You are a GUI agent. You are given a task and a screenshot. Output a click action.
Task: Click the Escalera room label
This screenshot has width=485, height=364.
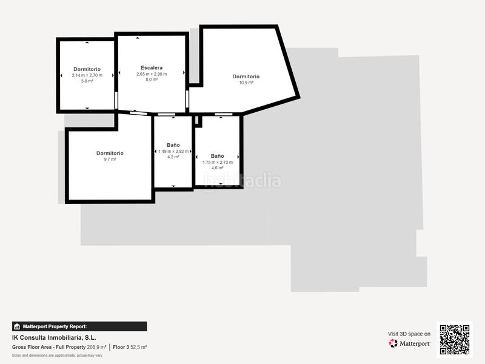pyautogui.click(x=151, y=67)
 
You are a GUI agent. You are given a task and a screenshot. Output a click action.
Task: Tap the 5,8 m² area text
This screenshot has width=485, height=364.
pyautogui.click(x=87, y=81)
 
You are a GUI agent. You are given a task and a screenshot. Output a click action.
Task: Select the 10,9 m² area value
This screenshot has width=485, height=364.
pyautogui.click(x=246, y=83)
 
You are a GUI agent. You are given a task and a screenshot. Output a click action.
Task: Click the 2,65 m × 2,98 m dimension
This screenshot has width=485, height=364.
pyautogui.click(x=151, y=74)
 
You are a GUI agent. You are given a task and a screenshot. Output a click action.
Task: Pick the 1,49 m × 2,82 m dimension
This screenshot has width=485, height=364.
pyautogui.click(x=173, y=151)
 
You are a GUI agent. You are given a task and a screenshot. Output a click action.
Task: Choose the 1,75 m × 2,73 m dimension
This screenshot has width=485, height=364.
pyautogui.click(x=217, y=162)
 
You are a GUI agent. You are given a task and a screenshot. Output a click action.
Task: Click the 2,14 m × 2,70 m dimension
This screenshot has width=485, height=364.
pyautogui.click(x=87, y=75)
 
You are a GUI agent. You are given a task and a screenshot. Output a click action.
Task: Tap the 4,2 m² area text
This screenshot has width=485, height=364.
pyautogui.click(x=173, y=157)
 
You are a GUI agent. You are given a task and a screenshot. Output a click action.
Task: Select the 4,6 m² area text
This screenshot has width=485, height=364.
pyautogui.click(x=217, y=168)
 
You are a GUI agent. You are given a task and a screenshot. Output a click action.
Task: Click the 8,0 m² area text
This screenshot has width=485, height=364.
pyautogui.click(x=151, y=79)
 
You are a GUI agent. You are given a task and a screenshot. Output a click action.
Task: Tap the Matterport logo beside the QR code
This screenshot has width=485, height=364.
pyautogui.click(x=409, y=343)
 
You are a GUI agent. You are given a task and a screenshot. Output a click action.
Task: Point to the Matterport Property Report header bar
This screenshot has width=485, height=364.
pyautogui.click(x=79, y=326)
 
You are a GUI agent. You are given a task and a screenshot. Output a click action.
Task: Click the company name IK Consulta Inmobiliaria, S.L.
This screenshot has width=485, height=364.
pyautogui.click(x=54, y=337)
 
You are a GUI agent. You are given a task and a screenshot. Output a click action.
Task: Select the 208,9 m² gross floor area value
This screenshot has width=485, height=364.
pyautogui.click(x=96, y=347)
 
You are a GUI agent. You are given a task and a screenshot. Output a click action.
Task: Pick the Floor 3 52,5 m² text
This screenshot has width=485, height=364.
pyautogui.click(x=130, y=347)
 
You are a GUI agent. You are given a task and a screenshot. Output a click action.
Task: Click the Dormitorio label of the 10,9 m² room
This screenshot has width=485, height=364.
pyautogui.click(x=246, y=76)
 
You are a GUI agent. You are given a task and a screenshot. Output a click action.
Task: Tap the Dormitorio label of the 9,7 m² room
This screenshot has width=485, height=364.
pyautogui.click(x=110, y=153)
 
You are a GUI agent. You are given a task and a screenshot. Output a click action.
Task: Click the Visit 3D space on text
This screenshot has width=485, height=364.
pyautogui.click(x=409, y=334)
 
